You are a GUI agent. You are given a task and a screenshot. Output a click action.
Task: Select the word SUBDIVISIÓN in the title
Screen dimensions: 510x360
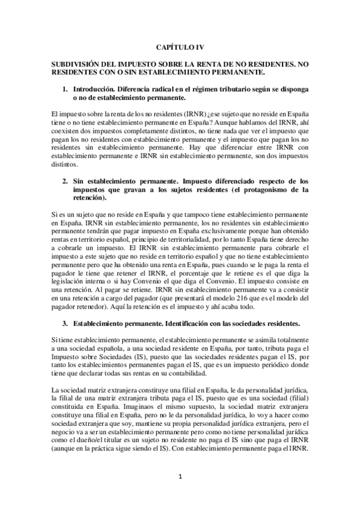[x=78, y=64]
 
